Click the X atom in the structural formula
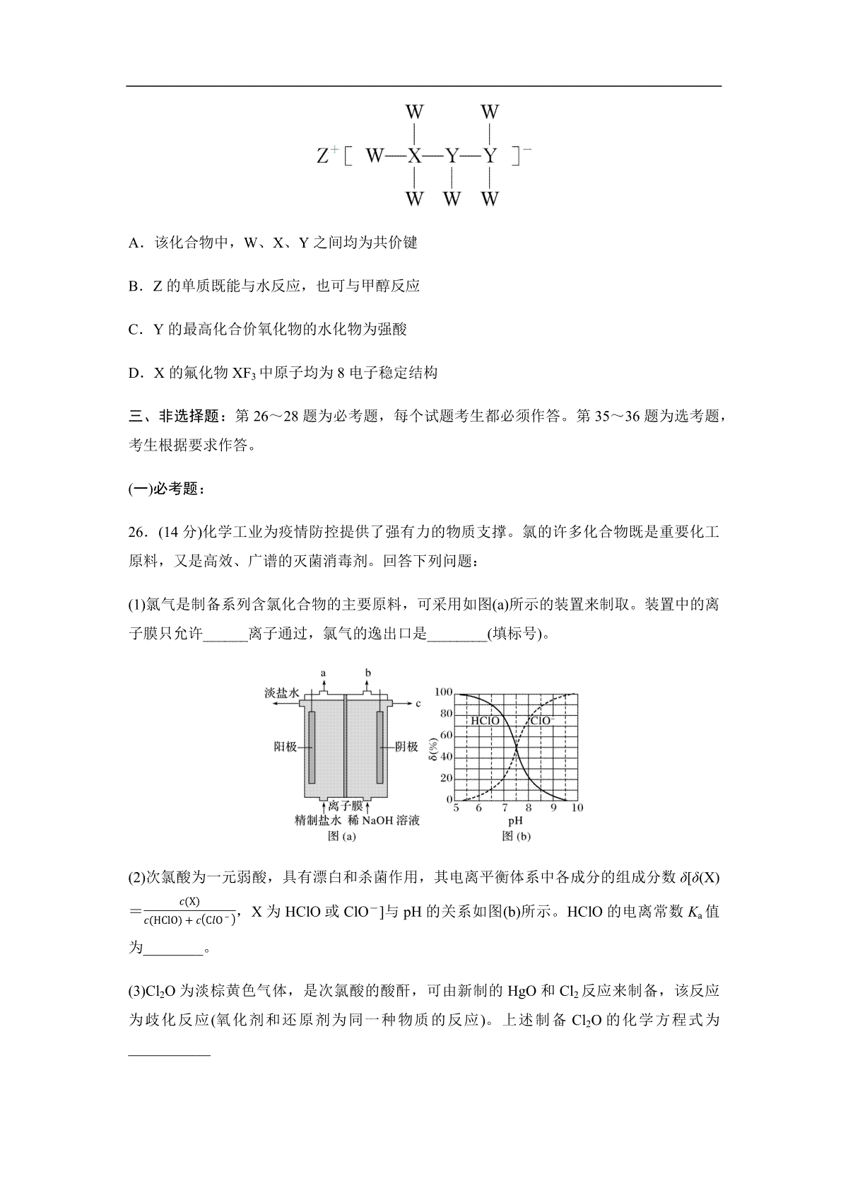coord(414,156)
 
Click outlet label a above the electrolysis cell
coord(324,673)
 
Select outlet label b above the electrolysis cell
coord(367,673)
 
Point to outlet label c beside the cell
coord(418,703)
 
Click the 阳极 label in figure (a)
coord(285,746)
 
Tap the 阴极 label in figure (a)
coord(406,746)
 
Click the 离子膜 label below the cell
coord(346,806)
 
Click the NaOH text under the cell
coord(379,820)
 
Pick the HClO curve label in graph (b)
coord(485,721)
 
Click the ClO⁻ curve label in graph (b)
coord(543,721)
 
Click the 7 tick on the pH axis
coord(504,808)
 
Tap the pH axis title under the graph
coord(515,821)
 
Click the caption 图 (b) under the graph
coord(516,836)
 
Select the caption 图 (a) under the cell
coord(341,836)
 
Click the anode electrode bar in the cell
coord(312,747)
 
